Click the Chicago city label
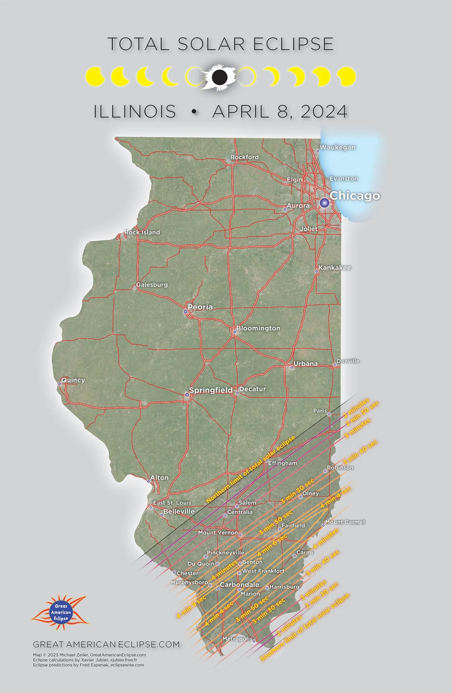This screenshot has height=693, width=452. (x=355, y=196)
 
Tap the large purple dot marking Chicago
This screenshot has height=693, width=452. (x=324, y=203)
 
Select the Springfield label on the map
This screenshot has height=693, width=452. (x=211, y=390)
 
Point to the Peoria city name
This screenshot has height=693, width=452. (x=200, y=307)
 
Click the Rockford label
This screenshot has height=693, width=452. (x=244, y=157)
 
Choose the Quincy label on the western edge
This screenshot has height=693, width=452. (x=73, y=380)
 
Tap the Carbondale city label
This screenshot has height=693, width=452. (x=239, y=585)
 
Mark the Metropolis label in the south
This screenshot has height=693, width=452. (x=237, y=639)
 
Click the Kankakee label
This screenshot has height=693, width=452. (x=334, y=268)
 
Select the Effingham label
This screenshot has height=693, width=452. (x=282, y=463)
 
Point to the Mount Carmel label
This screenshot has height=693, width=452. (x=345, y=522)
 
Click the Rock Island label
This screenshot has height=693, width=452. (x=142, y=233)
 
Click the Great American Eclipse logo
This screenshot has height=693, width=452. (x=60, y=612)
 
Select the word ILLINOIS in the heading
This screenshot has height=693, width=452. (x=135, y=112)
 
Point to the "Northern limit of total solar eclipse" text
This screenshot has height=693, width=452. (x=250, y=470)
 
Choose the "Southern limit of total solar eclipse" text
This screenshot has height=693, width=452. (x=305, y=628)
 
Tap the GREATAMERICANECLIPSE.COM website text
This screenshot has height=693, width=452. (x=106, y=644)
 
